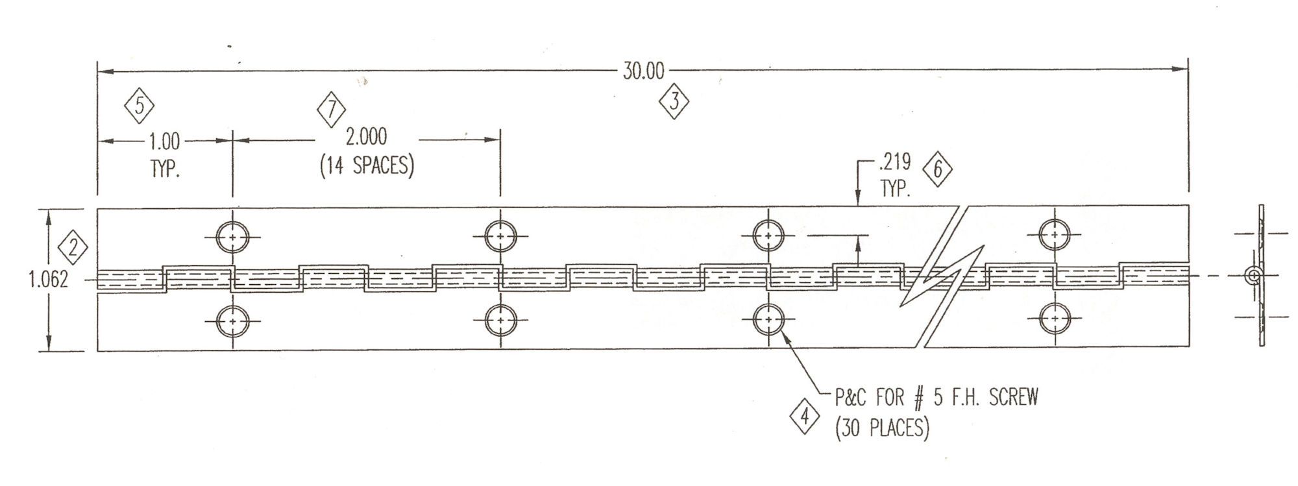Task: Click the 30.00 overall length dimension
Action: [643, 71]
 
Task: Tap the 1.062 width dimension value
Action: [49, 280]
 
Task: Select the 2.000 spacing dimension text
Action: [366, 137]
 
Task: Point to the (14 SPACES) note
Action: [367, 165]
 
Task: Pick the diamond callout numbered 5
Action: [139, 106]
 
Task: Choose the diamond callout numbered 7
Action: [331, 110]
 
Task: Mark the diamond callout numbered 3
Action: [674, 102]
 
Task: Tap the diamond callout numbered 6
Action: [937, 170]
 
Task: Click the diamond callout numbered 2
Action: [73, 249]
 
